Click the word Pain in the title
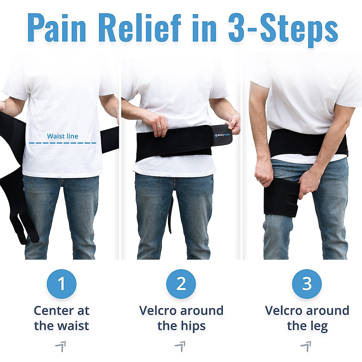pos(57,28)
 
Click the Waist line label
pos(62,136)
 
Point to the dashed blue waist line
pos(62,143)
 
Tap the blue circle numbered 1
pos(62,284)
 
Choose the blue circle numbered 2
pos(181,284)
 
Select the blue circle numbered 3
pos(307,284)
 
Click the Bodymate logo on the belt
pos(223,135)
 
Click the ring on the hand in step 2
pos(158,126)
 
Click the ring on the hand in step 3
pos(259,179)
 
